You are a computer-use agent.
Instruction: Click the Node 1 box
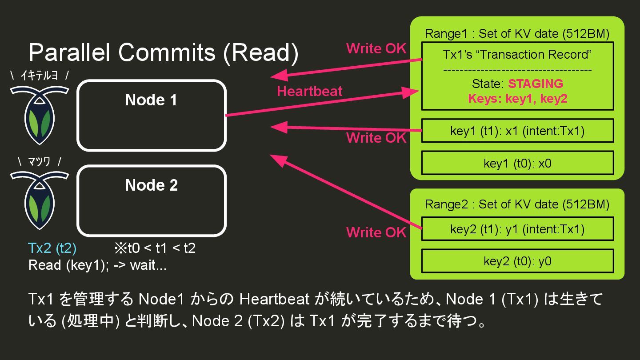tap(151, 116)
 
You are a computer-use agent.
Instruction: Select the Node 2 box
tap(151, 201)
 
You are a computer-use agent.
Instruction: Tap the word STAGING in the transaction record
tap(535, 84)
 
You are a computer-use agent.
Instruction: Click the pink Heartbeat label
tap(309, 92)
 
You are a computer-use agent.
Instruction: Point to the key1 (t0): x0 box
tap(517, 163)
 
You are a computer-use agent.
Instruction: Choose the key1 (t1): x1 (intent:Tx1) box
tap(517, 131)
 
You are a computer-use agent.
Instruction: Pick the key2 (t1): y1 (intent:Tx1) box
tap(517, 229)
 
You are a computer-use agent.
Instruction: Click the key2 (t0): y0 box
tap(517, 261)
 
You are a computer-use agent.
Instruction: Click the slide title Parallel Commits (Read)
tap(164, 53)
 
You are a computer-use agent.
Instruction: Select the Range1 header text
tap(517, 34)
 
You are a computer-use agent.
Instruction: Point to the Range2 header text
tap(517, 204)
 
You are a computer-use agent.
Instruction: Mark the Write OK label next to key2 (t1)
tap(376, 232)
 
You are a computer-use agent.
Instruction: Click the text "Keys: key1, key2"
tap(517, 98)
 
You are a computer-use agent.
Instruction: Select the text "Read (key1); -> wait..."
tap(97, 265)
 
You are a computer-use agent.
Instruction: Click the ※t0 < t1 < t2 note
tap(155, 248)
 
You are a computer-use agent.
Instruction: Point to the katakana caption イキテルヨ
tap(40, 76)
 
